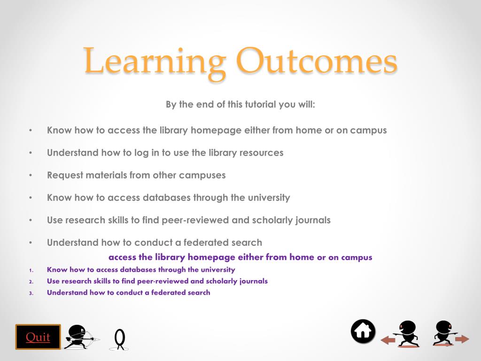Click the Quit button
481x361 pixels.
click(38, 337)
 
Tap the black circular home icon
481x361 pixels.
click(363, 331)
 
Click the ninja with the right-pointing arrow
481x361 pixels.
click(444, 333)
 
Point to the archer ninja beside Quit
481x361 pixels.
click(80, 337)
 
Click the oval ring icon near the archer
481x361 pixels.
click(120, 338)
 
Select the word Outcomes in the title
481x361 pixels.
click(317, 61)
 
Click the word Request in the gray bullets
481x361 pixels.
click(65, 175)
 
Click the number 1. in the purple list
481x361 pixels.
click(31, 270)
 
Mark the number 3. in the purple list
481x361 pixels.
click(31, 293)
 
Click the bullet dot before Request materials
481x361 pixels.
click(31, 175)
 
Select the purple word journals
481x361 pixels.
click(253, 281)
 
